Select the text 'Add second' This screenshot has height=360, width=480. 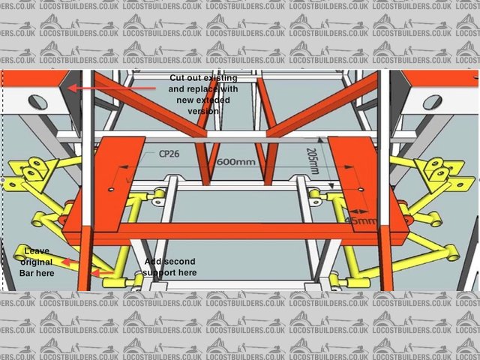click(169, 261)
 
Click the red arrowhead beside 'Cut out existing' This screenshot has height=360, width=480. click(72, 88)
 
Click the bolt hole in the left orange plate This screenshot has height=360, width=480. click(112, 190)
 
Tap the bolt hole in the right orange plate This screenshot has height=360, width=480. click(362, 191)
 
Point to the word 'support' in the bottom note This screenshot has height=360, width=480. click(158, 272)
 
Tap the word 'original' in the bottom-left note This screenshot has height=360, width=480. click(35, 262)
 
